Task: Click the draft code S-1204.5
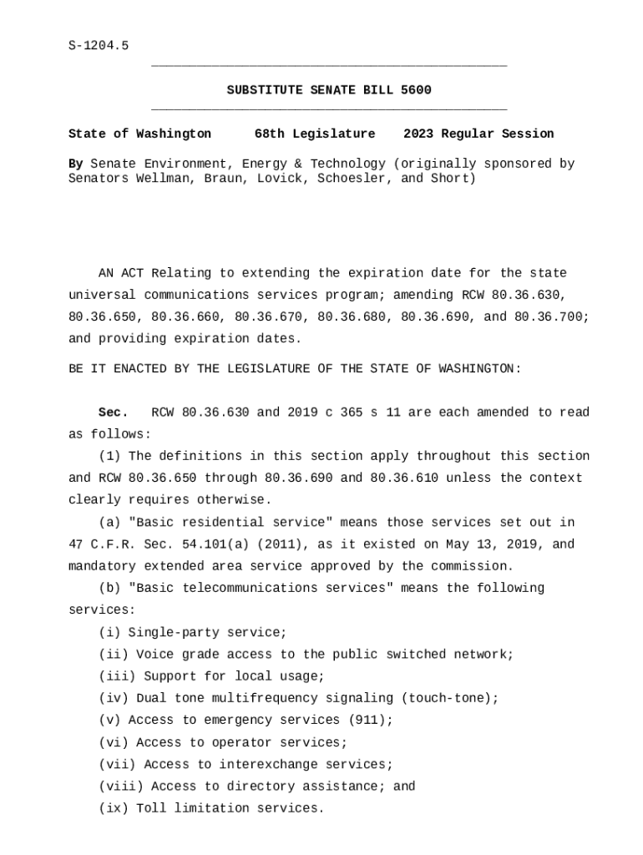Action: [99, 46]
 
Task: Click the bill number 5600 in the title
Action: [416, 90]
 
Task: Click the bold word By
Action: [75, 164]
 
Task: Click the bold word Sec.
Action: [114, 412]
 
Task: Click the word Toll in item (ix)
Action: [151, 808]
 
